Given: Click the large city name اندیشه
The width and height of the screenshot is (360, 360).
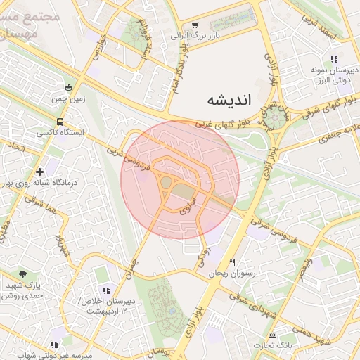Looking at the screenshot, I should click(x=229, y=100).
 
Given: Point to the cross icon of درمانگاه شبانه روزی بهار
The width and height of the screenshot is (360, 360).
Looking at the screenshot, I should click(x=39, y=171).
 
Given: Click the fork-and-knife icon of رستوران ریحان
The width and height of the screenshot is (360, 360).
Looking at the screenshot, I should click(x=243, y=262).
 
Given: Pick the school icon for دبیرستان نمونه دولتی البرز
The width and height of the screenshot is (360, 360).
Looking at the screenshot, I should click(x=334, y=60).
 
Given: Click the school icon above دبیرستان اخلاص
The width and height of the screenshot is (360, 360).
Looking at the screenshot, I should click(x=106, y=290).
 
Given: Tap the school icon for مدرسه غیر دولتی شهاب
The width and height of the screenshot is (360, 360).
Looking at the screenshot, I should click(x=54, y=345).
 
